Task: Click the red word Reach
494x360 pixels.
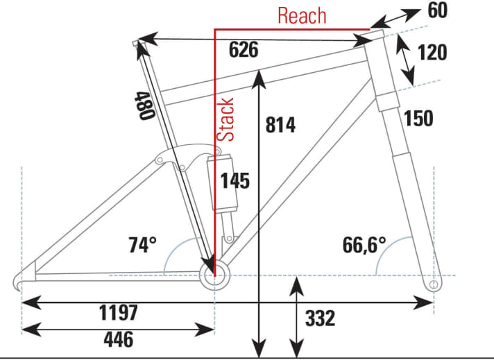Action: click(302, 15)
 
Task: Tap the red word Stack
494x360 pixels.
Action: click(227, 119)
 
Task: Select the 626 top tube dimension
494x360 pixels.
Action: click(243, 50)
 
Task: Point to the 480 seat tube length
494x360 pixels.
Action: click(143, 105)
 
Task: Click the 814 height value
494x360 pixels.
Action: click(280, 125)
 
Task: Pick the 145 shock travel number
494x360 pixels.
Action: click(235, 180)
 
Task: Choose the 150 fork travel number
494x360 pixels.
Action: click(418, 119)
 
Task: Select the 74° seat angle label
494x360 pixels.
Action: click(142, 245)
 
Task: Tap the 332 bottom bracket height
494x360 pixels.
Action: click(320, 318)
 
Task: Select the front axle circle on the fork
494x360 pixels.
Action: click(434, 284)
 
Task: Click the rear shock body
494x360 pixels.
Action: click(221, 184)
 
